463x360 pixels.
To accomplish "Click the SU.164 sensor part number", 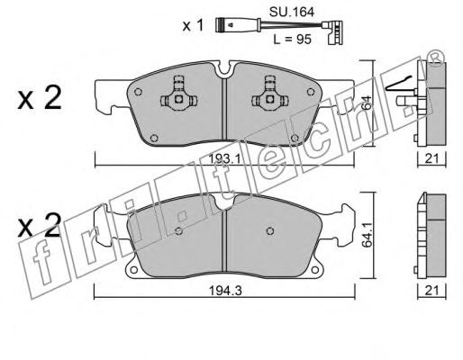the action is (x=292, y=12).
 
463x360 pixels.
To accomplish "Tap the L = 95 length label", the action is (x=292, y=40).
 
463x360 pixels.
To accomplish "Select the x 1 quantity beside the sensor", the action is (x=194, y=25).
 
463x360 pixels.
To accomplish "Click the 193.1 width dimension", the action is (x=225, y=158).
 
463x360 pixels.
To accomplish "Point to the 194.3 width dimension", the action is (x=225, y=291).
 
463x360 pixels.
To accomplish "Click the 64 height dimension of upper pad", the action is (x=368, y=103).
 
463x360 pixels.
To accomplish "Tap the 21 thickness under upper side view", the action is (x=432, y=158).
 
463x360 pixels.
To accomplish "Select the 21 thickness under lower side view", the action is (x=432, y=290).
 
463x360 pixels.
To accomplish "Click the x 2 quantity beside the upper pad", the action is (x=40, y=97).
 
